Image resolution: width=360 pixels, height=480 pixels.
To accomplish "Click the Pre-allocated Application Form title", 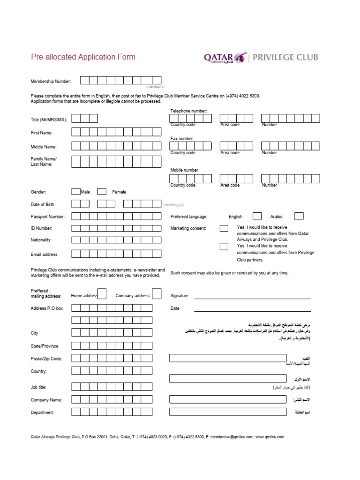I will coord(83,57).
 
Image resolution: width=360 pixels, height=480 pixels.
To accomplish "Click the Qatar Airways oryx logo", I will coord(240,57).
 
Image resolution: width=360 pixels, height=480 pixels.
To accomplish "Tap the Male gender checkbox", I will coord(76,191).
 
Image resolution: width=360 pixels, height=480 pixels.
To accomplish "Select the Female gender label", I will coord(119,192).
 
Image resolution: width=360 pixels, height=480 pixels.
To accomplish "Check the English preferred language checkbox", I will coord(257,216).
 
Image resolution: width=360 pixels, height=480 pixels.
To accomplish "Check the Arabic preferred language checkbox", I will coord(299,216).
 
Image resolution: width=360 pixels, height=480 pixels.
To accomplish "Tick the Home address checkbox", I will coord(102,294).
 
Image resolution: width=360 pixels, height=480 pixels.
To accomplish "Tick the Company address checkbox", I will coord(157,294).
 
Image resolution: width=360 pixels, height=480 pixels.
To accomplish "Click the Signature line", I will coord(252,298).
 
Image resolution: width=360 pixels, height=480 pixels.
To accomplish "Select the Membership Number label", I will coord(51,82).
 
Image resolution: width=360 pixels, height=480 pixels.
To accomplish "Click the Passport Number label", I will coord(48,217).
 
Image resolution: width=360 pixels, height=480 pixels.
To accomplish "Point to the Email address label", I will coord(44,255).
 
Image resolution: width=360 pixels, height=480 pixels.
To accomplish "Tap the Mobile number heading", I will coord(184,170).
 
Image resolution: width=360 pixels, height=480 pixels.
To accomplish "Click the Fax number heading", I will coord(181,139).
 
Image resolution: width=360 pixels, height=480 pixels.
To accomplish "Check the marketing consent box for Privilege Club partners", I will coord(224,247).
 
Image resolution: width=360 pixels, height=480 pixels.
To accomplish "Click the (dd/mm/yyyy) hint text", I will coord(174,205).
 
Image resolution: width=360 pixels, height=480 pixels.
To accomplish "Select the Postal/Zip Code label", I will coord(46,359).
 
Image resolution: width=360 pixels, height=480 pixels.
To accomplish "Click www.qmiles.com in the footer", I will coord(270,437).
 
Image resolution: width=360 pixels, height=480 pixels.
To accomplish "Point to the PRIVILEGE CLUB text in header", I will coord(285,57).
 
